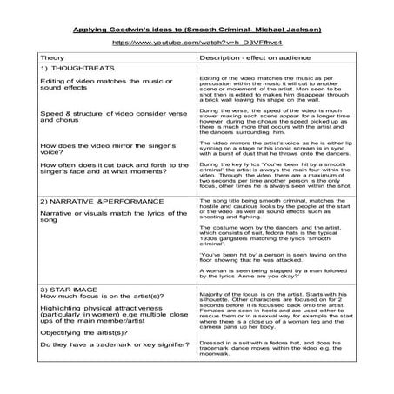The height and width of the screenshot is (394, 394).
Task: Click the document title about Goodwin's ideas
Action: (197, 30)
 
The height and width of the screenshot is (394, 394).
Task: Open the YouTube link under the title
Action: (197, 42)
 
